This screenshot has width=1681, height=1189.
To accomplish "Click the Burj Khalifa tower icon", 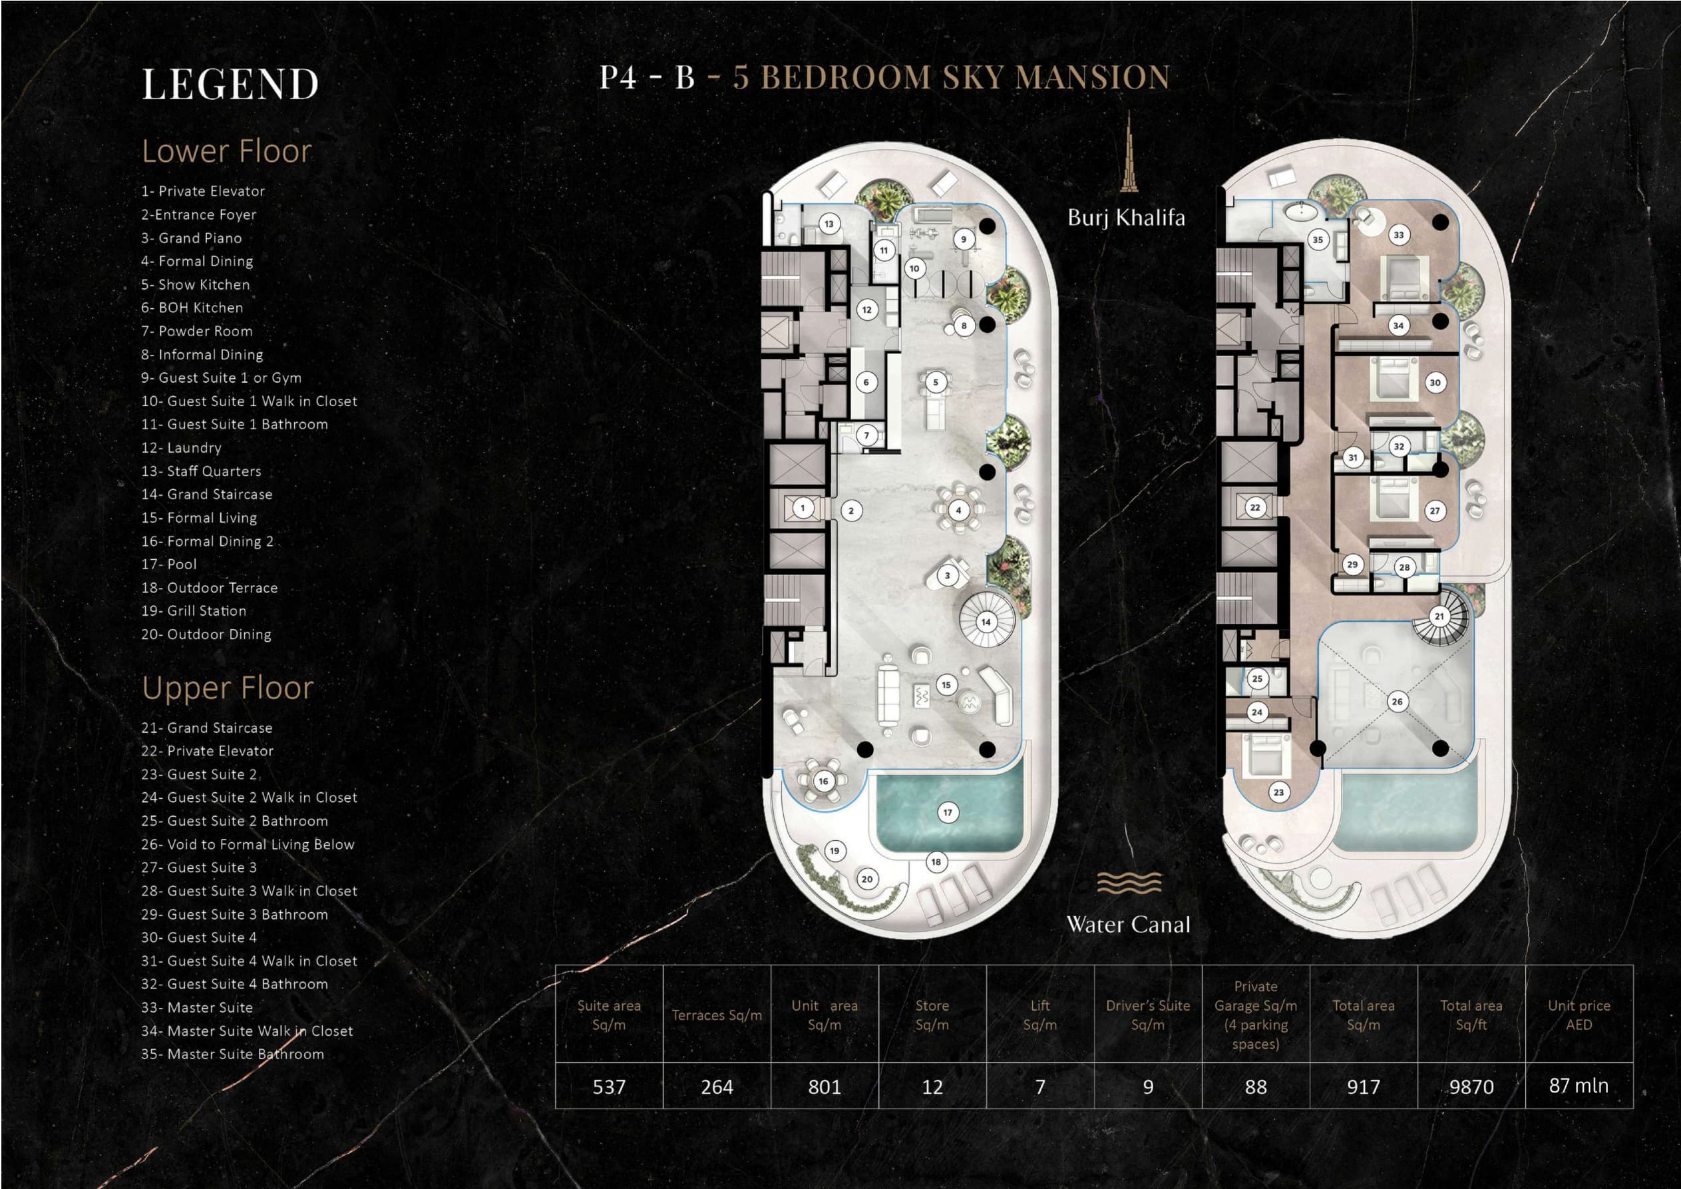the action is [x=1128, y=152].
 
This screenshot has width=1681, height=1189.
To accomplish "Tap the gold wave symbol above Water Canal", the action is [x=1129, y=882].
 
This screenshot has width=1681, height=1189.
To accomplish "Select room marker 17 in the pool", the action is [x=948, y=812].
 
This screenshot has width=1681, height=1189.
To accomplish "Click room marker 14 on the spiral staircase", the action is [x=986, y=622].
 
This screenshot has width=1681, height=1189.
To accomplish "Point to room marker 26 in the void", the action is [x=1397, y=702].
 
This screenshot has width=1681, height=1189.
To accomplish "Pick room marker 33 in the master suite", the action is [x=1399, y=235].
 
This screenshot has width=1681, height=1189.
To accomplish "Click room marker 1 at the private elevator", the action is [x=803, y=508].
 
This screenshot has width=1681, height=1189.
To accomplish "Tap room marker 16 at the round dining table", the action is [x=824, y=782].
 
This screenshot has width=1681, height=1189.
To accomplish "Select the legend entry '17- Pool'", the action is [x=169, y=565].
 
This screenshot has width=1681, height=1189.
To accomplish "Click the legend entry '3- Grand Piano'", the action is [x=191, y=238].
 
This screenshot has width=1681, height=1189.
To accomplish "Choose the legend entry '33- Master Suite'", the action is [x=197, y=1008].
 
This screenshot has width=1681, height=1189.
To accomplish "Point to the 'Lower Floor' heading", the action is [x=227, y=151].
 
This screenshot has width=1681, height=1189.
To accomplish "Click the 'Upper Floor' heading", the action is [x=228, y=688].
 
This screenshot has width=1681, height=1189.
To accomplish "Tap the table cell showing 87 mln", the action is [x=1579, y=1086].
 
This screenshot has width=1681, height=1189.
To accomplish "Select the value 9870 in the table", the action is [x=1471, y=1086].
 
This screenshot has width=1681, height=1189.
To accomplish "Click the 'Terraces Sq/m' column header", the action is [x=717, y=1015].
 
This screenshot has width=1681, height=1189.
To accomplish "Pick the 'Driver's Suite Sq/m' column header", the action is [x=1148, y=1015].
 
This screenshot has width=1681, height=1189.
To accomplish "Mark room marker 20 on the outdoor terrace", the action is [x=867, y=879].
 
